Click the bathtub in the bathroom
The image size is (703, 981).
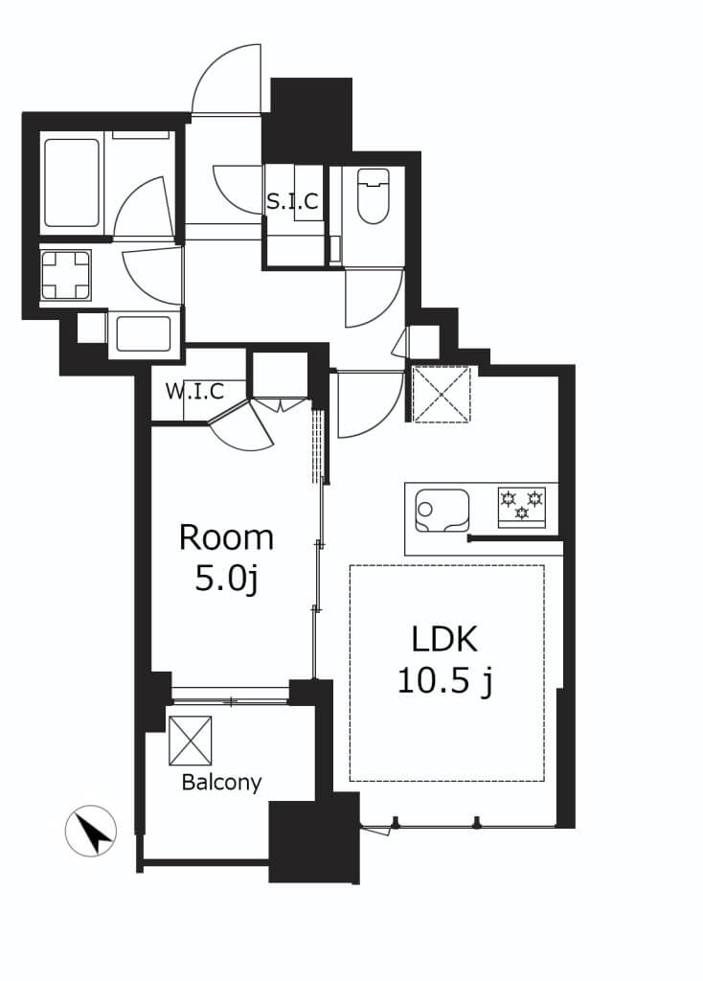72,183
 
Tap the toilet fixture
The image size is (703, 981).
373,195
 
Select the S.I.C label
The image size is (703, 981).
293,201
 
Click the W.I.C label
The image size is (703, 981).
194,392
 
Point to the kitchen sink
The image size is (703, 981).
442,511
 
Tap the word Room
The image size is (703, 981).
226,538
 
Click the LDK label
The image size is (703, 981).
444,639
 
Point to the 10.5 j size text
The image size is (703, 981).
444,680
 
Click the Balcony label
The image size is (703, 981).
221,783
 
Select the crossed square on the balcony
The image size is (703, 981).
191,741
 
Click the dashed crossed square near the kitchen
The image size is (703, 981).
442,394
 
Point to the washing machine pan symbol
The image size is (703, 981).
66,275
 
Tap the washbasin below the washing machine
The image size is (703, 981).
144,334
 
